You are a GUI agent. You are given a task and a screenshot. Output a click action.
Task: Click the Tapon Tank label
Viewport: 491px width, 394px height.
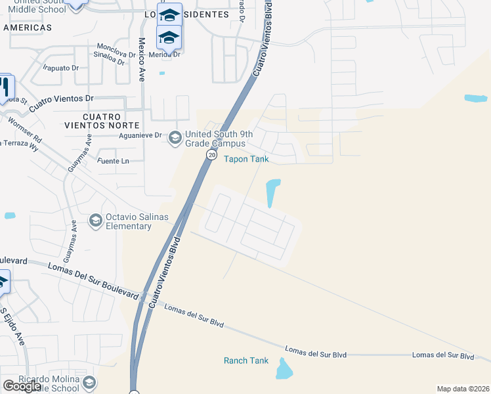[246, 159]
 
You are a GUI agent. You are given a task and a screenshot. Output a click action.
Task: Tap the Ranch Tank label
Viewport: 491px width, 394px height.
[246, 361]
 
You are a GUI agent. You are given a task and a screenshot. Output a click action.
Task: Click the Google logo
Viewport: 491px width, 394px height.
[22, 386]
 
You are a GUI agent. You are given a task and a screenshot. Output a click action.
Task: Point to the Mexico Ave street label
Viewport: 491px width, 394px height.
[142, 59]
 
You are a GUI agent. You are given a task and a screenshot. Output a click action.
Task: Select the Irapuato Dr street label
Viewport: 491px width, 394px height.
[60, 67]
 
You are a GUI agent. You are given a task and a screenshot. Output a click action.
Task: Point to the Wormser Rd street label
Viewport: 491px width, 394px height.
[25, 131]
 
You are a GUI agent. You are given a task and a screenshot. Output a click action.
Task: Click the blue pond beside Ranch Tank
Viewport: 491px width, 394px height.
[284, 370]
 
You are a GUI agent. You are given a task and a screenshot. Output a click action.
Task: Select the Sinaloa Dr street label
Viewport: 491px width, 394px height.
[109, 59]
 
